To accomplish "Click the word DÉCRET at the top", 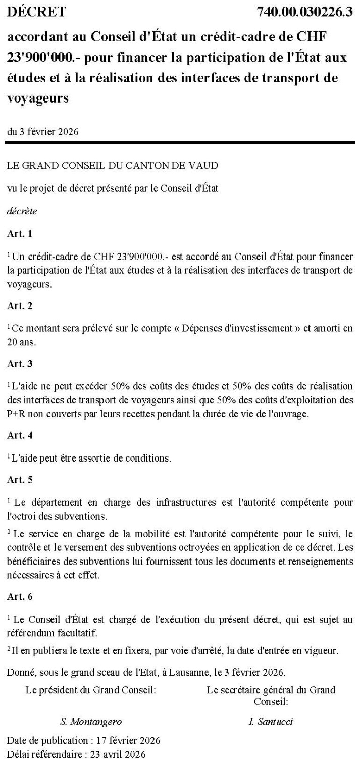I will (36, 12).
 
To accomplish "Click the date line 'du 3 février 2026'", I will (42, 132).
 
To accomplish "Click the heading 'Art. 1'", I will (20, 234).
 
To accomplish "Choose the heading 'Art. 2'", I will (20, 305).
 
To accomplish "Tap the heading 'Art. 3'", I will (20, 363).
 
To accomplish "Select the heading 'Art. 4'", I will (20, 435).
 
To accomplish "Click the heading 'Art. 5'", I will (20, 479).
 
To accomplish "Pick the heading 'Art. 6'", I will (20, 596).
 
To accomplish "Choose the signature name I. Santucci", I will (271, 722).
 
